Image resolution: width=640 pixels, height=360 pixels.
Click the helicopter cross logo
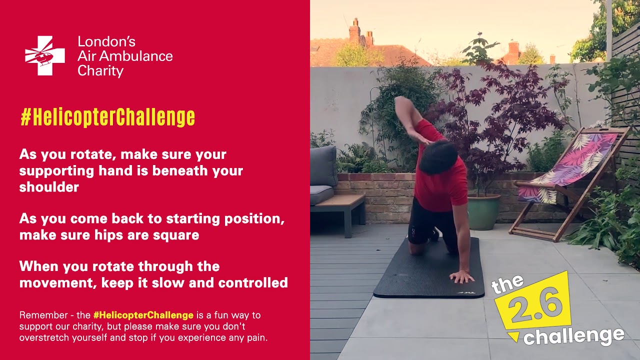(45, 55)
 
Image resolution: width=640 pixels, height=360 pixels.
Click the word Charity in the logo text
(100, 71)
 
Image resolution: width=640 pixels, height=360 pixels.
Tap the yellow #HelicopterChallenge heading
(107, 117)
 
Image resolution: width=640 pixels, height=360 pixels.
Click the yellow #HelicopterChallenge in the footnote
(143, 315)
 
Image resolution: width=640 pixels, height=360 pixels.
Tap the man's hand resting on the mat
(461, 276)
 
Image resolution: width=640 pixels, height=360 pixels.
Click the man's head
(438, 157)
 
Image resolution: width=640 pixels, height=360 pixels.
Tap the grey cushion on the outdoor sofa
(323, 166)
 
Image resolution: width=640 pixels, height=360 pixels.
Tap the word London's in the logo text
(106, 42)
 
